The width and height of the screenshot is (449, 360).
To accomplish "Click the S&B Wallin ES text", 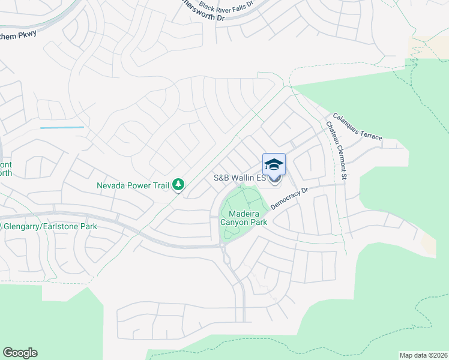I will pos(240,178).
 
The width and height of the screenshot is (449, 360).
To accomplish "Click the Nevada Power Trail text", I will pos(133,185).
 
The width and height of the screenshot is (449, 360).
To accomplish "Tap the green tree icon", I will pos(178,185).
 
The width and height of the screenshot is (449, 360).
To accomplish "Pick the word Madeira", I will pos(246,213).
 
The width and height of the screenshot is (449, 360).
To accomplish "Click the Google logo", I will pos(20,353).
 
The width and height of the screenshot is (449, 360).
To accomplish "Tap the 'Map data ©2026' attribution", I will pos(423,355).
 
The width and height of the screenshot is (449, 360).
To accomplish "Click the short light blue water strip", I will pos(62,127).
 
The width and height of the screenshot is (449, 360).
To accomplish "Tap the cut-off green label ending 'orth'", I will pos(5,173).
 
